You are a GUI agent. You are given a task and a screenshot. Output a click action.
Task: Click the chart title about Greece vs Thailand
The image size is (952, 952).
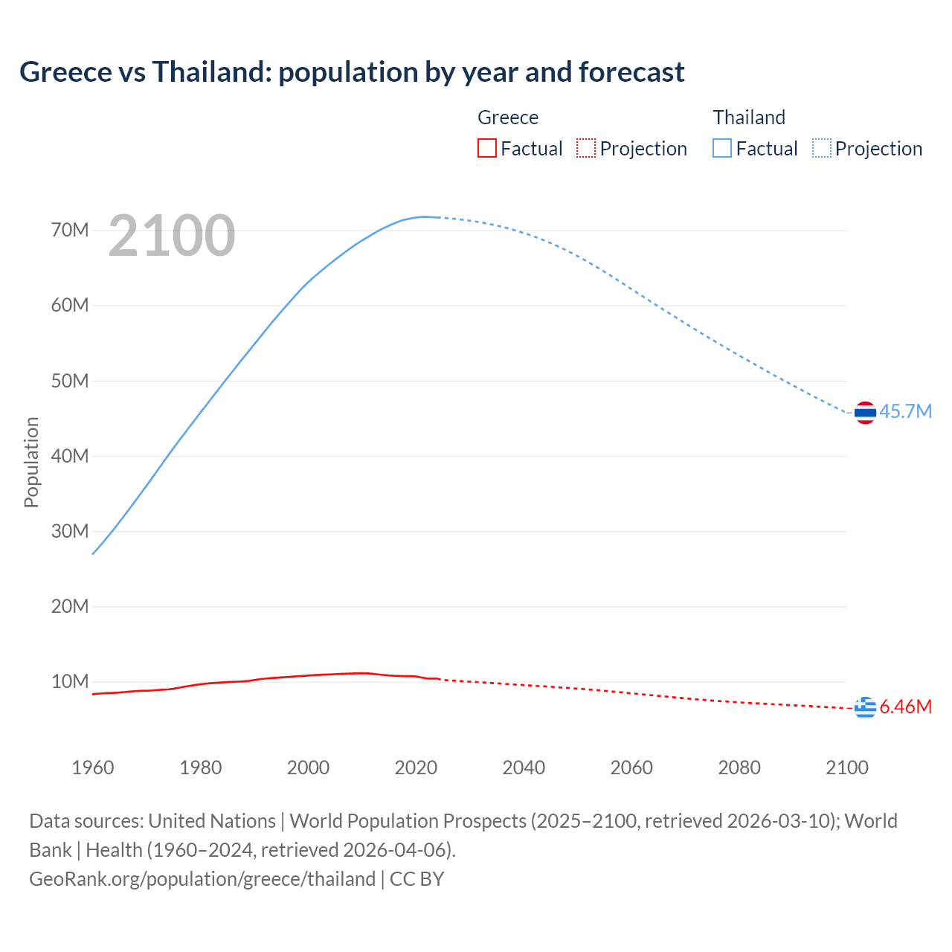[x=352, y=72]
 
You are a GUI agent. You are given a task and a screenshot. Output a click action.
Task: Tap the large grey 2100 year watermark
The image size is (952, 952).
[x=172, y=236]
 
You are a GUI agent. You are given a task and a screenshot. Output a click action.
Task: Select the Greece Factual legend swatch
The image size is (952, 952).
[x=486, y=149]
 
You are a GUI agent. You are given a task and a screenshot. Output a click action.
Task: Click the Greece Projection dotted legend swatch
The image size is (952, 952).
[x=586, y=149]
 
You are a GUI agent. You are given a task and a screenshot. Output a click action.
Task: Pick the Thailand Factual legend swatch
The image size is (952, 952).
[x=721, y=149]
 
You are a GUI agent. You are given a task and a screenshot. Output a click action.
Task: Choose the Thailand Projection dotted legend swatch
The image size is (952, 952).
[x=821, y=149]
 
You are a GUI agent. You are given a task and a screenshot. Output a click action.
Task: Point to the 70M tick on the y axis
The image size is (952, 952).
[x=70, y=230]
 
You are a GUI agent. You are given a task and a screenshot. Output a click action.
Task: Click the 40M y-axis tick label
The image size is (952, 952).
[x=70, y=456]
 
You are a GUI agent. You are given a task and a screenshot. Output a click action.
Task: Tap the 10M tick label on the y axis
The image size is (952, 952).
[x=70, y=681]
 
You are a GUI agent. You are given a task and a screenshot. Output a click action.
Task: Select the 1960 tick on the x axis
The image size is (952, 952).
[x=93, y=768]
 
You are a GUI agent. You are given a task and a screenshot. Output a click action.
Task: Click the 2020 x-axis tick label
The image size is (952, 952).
[x=416, y=768]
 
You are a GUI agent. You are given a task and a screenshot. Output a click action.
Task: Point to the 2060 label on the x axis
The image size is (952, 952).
[x=631, y=768]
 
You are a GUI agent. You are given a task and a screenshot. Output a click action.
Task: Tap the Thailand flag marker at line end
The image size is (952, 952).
[x=865, y=412]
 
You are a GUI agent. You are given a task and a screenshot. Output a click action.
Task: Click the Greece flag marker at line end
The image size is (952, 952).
[x=865, y=707]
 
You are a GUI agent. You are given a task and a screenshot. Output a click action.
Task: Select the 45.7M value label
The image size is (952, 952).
[x=905, y=412]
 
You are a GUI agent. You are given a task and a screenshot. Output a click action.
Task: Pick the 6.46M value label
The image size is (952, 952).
[x=905, y=707]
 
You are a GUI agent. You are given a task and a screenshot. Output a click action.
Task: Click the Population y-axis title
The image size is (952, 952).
[x=31, y=462]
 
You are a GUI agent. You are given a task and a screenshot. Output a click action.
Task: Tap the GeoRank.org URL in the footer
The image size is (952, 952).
[x=202, y=879]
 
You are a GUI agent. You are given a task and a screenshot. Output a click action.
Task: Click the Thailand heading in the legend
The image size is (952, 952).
[x=749, y=118]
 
